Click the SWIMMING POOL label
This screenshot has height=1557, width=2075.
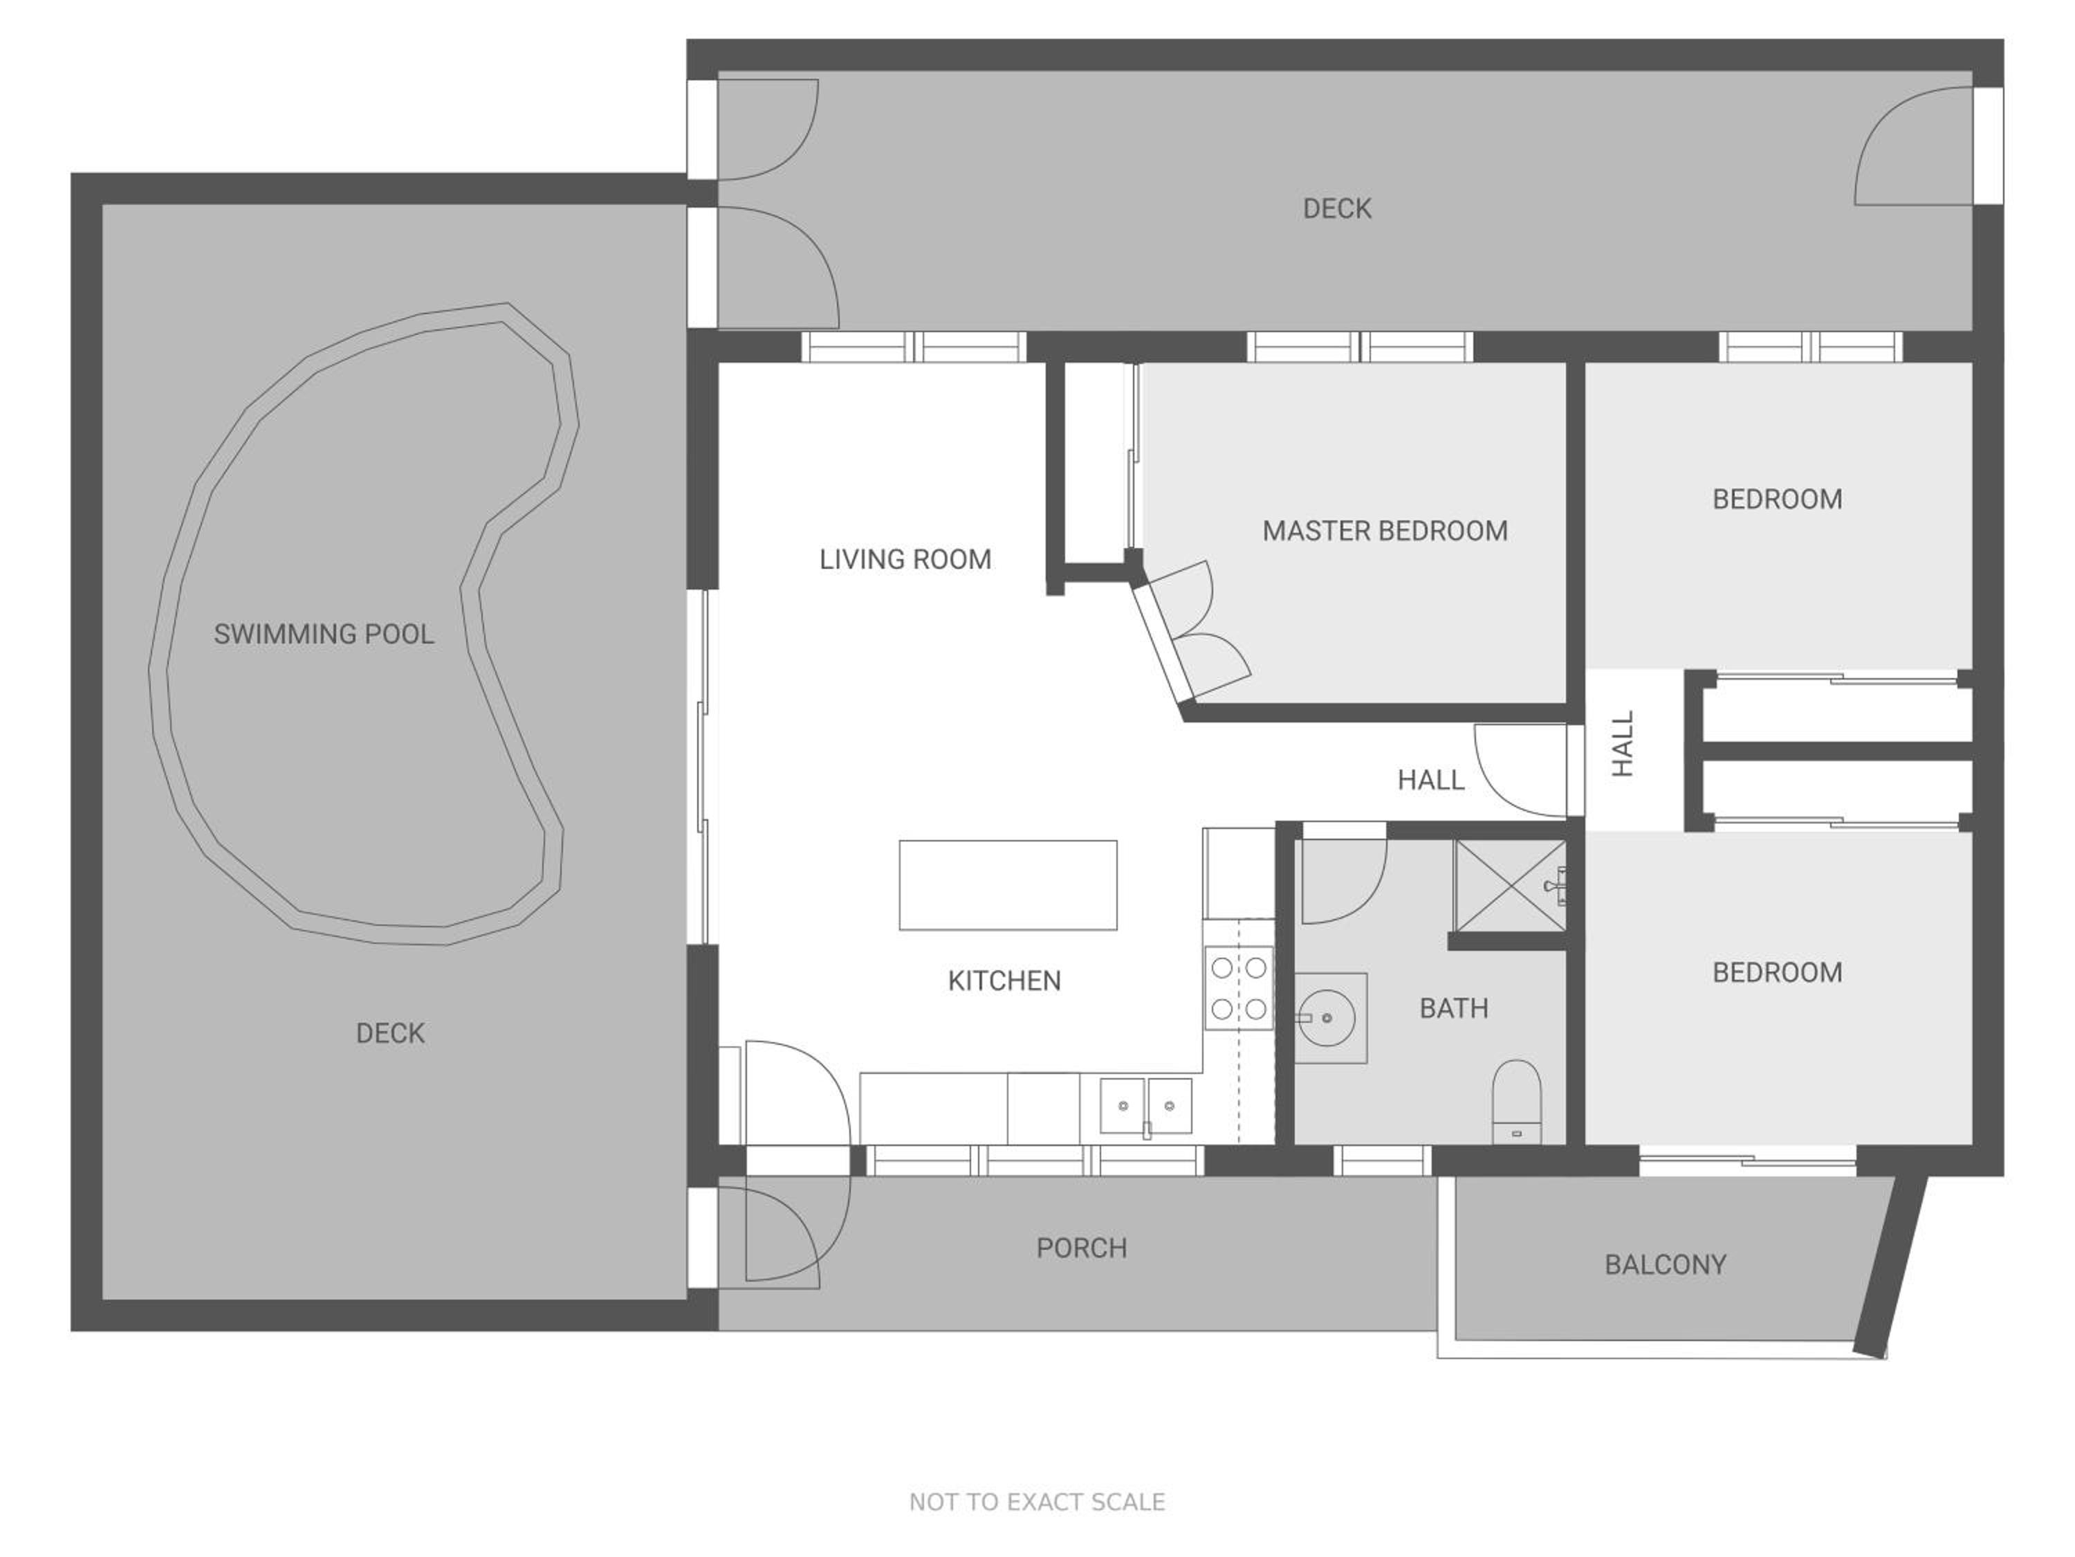point(324,635)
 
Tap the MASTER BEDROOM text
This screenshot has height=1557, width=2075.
point(1385,531)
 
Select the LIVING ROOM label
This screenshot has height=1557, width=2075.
point(905,559)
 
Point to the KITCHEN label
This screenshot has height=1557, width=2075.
point(1004,981)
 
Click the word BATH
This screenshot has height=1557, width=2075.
point(1453,1008)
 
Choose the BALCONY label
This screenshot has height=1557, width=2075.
point(1665,1264)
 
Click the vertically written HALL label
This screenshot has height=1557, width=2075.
point(1622,743)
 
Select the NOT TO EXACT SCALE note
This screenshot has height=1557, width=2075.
point(1037,1502)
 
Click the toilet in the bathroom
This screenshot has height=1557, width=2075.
point(1517,1101)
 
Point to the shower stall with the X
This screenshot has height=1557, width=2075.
point(1509,885)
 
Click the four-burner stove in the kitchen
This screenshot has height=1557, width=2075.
point(1238,988)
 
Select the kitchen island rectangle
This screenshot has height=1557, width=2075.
point(1008,885)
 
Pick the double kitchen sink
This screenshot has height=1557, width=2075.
point(1145,1107)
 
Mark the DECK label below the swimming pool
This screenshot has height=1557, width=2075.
point(390,1033)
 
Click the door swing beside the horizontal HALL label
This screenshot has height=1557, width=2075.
point(1520,770)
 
